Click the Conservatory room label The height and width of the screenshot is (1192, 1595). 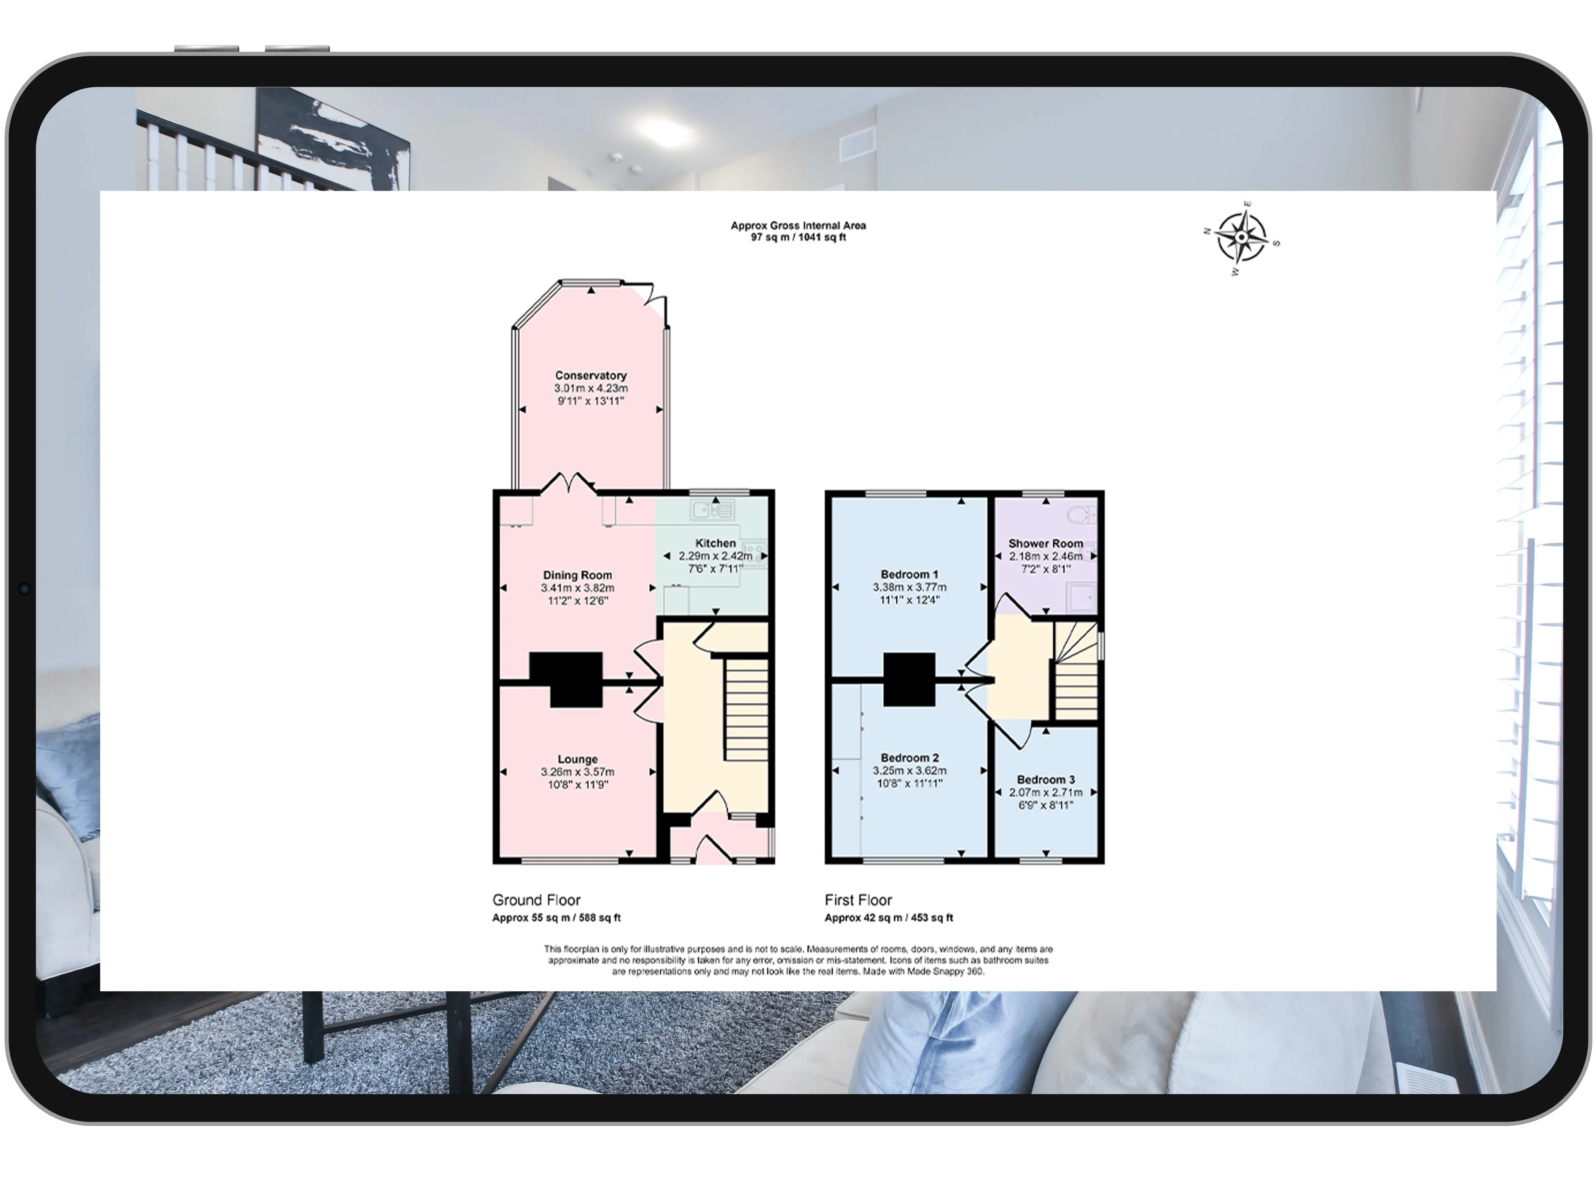(590, 375)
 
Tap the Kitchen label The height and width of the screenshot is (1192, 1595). (715, 543)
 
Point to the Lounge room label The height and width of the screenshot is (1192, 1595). (578, 759)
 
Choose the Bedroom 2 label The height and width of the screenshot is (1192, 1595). (909, 758)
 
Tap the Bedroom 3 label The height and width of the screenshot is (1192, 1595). (1045, 780)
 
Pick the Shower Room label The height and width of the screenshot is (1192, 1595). (1045, 543)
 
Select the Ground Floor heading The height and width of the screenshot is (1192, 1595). (536, 900)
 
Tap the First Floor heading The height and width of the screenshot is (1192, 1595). (858, 900)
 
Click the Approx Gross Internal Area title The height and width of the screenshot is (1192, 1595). (798, 225)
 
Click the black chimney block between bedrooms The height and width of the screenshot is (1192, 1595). (909, 679)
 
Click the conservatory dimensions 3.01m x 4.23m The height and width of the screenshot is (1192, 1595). (590, 388)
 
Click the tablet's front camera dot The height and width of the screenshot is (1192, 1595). (24, 589)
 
